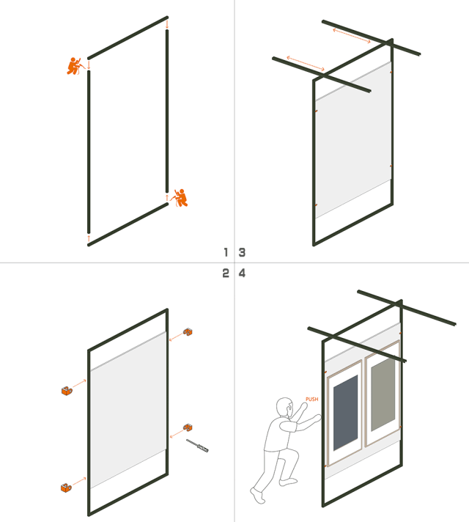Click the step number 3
pos(242,252)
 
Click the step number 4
pos(242,273)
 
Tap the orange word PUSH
pos(311,400)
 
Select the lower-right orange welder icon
pos(180,197)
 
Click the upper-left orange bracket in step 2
pos(68,391)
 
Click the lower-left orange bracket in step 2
pos(67,486)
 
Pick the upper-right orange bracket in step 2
pos(188,332)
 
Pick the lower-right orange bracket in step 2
pos(188,427)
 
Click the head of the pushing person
pos(284,408)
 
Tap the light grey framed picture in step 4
pos(383,395)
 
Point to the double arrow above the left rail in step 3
pos(306,64)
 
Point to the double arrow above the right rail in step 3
pos(352,35)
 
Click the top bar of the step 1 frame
pos(128,37)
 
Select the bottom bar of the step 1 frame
pos(128,224)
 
